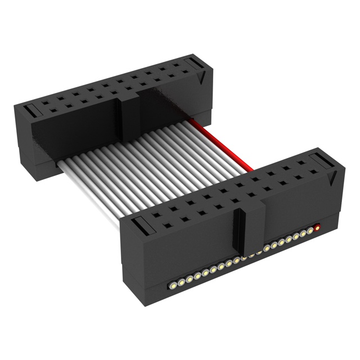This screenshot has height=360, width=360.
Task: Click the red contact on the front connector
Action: click(x=318, y=228)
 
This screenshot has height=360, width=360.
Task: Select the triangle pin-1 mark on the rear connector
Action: click(x=201, y=79)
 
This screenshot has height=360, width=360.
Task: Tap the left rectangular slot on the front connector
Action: click(x=141, y=228)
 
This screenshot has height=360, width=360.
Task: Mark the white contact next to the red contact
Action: click(x=310, y=231)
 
